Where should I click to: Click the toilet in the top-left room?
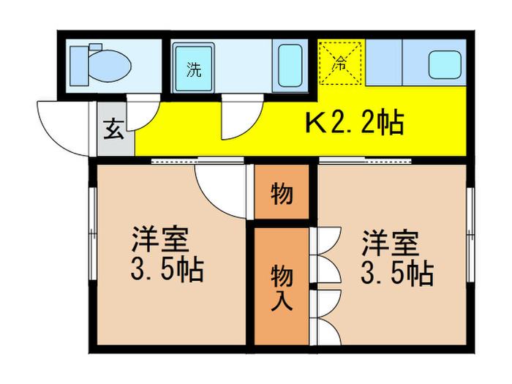(x=101, y=65)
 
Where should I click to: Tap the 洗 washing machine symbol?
(x=194, y=70)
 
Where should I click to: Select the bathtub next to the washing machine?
(x=290, y=67)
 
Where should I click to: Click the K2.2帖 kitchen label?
(x=354, y=123)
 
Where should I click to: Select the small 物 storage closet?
(x=282, y=194)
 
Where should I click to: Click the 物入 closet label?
(x=282, y=287)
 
